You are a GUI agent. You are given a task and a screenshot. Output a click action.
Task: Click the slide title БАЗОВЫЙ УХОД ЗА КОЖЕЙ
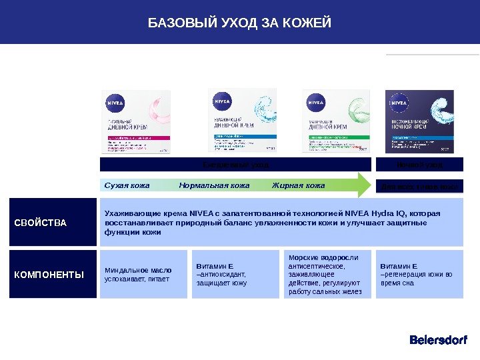click(239, 25)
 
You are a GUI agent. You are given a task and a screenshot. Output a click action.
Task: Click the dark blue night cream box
click(419, 122)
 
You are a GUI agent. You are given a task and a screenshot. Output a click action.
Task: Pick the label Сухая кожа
click(127, 185)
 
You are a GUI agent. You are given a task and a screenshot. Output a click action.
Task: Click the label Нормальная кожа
click(215, 185)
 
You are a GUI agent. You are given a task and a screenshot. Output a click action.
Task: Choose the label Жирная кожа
click(298, 185)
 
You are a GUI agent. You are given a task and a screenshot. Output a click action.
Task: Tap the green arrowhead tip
click(365, 185)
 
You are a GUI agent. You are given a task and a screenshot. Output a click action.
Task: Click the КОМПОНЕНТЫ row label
click(49, 274)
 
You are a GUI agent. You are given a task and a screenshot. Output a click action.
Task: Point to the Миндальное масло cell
click(139, 274)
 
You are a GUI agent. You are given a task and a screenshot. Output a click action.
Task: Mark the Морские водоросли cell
click(325, 274)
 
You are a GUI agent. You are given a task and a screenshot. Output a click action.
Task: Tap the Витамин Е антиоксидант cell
click(234, 274)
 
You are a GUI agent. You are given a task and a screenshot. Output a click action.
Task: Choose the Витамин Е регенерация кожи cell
click(418, 274)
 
